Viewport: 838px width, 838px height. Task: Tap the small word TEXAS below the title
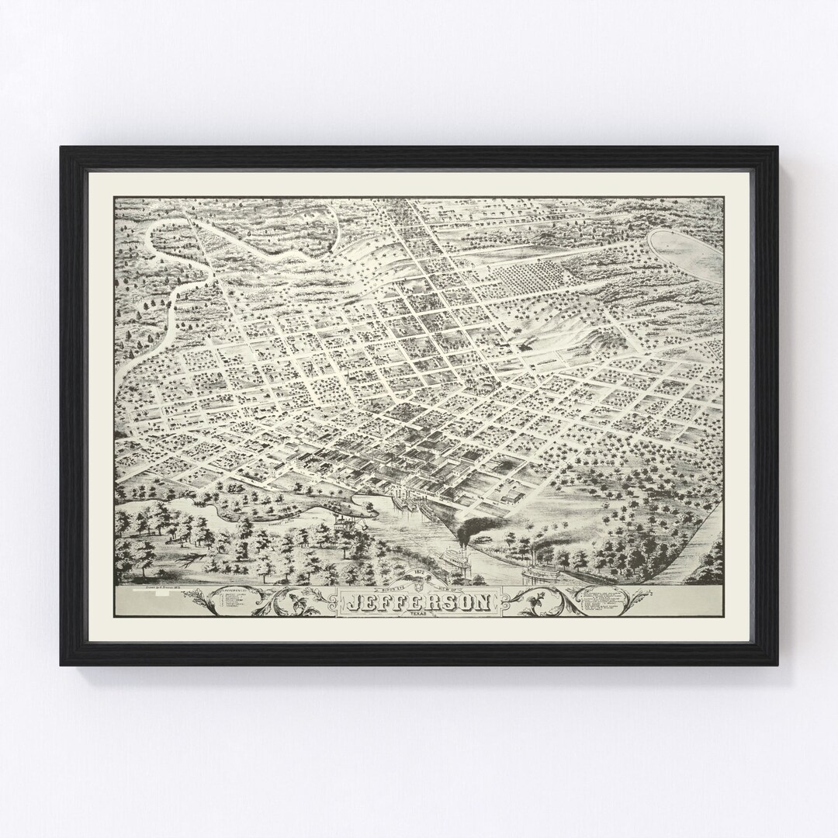point(418,614)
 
